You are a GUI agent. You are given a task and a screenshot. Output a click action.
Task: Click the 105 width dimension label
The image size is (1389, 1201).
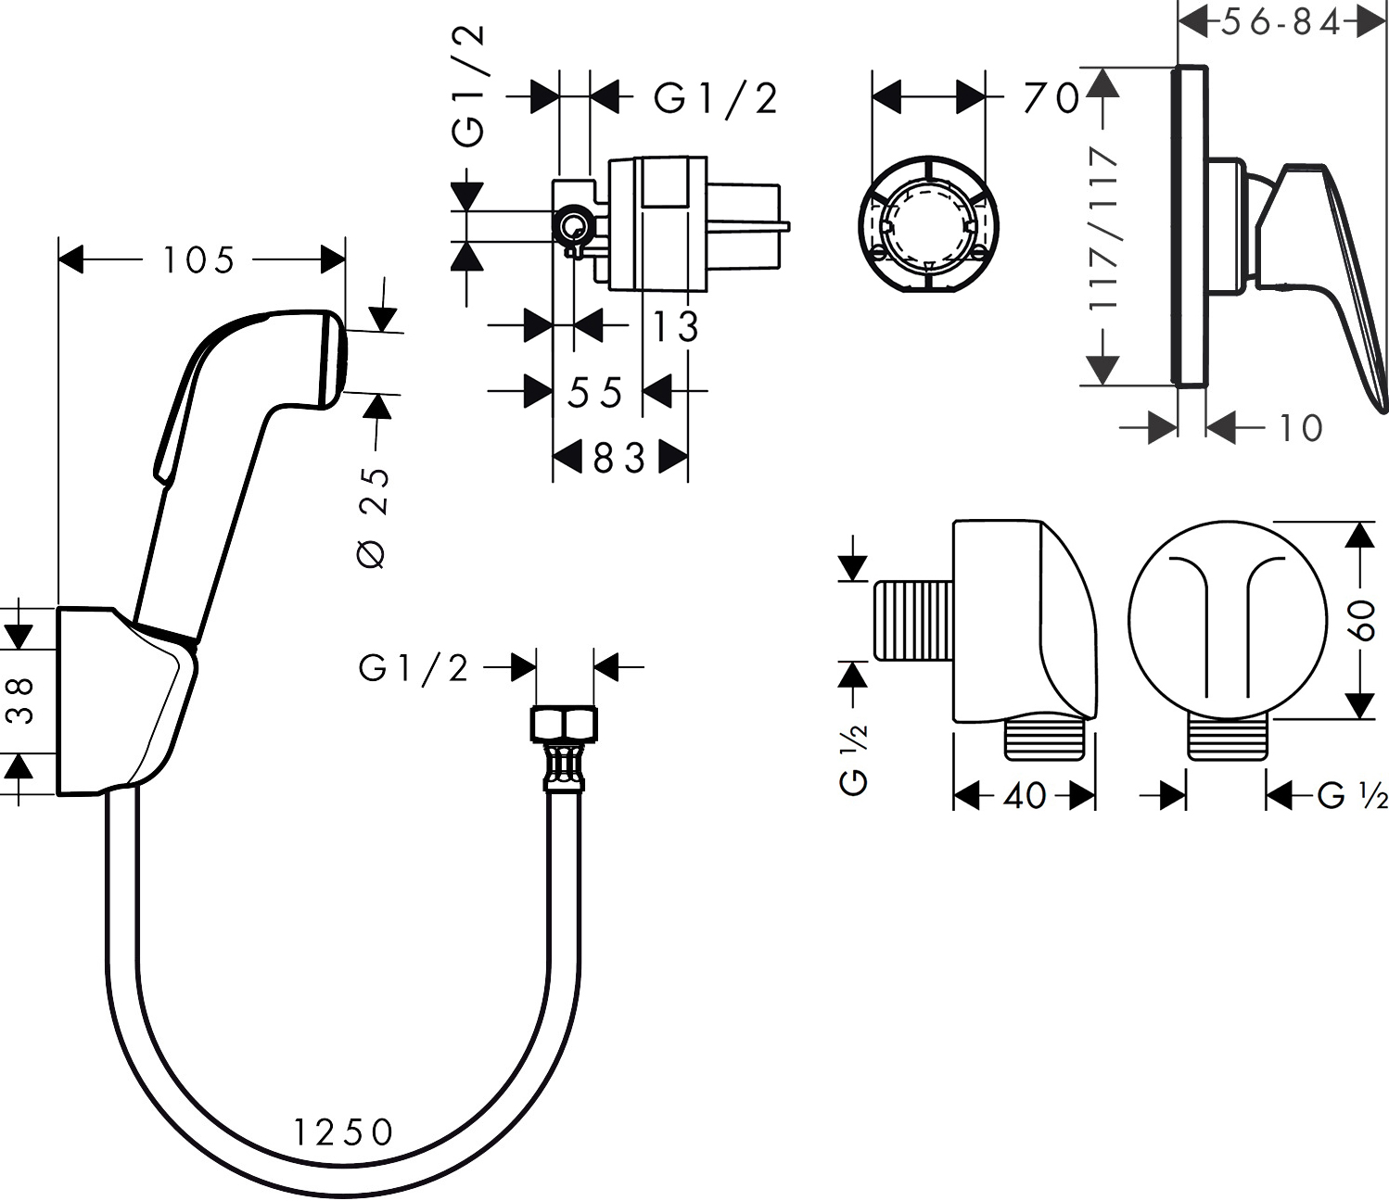198,260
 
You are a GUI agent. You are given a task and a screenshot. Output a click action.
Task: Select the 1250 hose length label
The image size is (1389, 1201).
344,1131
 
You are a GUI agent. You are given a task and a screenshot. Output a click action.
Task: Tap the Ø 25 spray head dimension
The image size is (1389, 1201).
374,516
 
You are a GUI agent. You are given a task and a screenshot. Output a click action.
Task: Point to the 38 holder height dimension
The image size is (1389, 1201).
22,700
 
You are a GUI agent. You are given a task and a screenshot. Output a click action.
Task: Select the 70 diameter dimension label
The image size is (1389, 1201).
1051,97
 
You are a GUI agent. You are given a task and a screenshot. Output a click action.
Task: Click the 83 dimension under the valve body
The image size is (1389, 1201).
618,458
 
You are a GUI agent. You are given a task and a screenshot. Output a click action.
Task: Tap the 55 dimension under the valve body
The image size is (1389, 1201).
595,394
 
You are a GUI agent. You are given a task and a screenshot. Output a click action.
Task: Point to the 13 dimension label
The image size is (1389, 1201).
675,326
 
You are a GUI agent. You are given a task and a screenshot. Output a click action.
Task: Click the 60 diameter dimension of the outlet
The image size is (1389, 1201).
1361,618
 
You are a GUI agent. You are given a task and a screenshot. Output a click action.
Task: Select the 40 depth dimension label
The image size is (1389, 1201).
1025,795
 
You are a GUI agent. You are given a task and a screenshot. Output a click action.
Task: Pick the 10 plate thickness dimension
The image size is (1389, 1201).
1300,428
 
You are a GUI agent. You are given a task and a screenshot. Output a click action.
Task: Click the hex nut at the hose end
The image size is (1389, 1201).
564,723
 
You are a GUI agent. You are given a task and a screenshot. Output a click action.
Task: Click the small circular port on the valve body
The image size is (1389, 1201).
571,225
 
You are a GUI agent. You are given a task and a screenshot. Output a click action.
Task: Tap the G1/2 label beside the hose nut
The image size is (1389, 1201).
414,667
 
